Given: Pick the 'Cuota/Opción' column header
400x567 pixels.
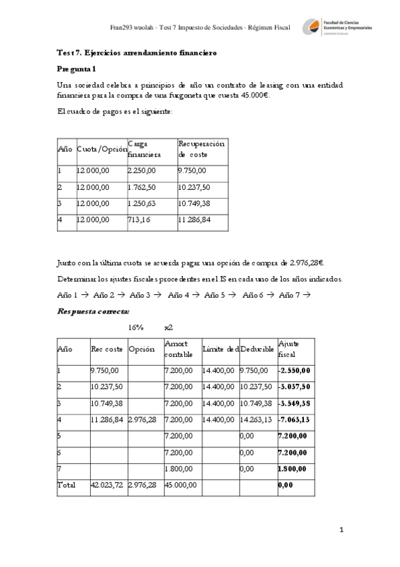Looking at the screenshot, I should click(x=102, y=149).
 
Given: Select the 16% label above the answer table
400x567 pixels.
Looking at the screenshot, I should click(x=136, y=328).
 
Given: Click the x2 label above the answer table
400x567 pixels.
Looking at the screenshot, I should click(x=169, y=328).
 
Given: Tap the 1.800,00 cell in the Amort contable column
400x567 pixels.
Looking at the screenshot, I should click(x=179, y=468).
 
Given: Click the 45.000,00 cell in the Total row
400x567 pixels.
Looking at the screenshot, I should click(x=179, y=484).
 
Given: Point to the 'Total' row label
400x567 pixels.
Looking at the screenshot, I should click(x=67, y=484).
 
